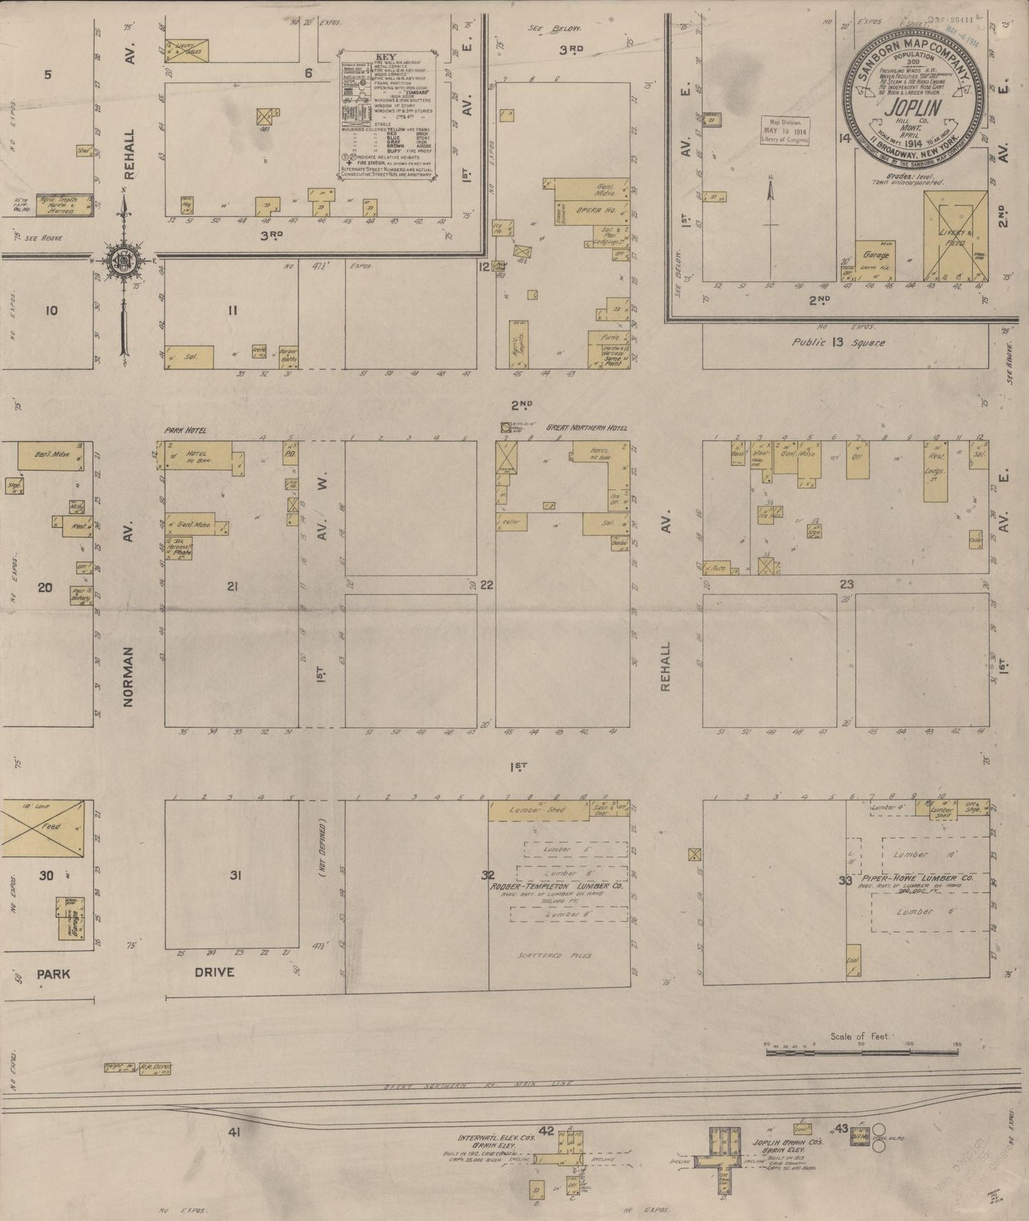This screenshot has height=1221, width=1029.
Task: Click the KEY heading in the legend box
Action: coord(385,57)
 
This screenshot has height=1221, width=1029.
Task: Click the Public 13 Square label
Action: coord(839,343)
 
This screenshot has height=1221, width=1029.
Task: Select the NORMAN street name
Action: coord(128,677)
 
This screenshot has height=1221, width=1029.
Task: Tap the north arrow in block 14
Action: coord(771,201)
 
